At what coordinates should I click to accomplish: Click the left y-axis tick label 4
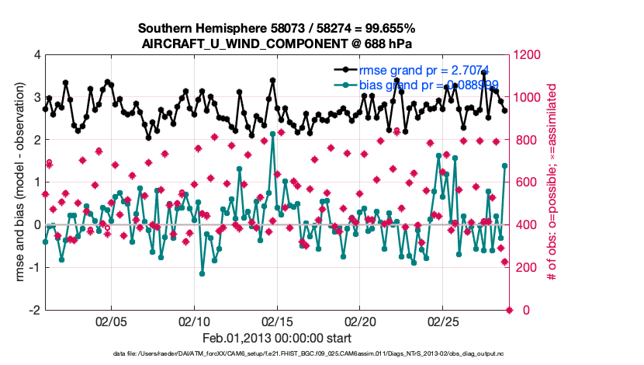pos(37,55)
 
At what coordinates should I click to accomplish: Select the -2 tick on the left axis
pos(35,310)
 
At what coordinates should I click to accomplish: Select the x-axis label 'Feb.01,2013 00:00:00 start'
pos(277,338)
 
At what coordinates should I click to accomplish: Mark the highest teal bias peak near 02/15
pos(273,144)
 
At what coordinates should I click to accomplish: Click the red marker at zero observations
pos(510,310)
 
